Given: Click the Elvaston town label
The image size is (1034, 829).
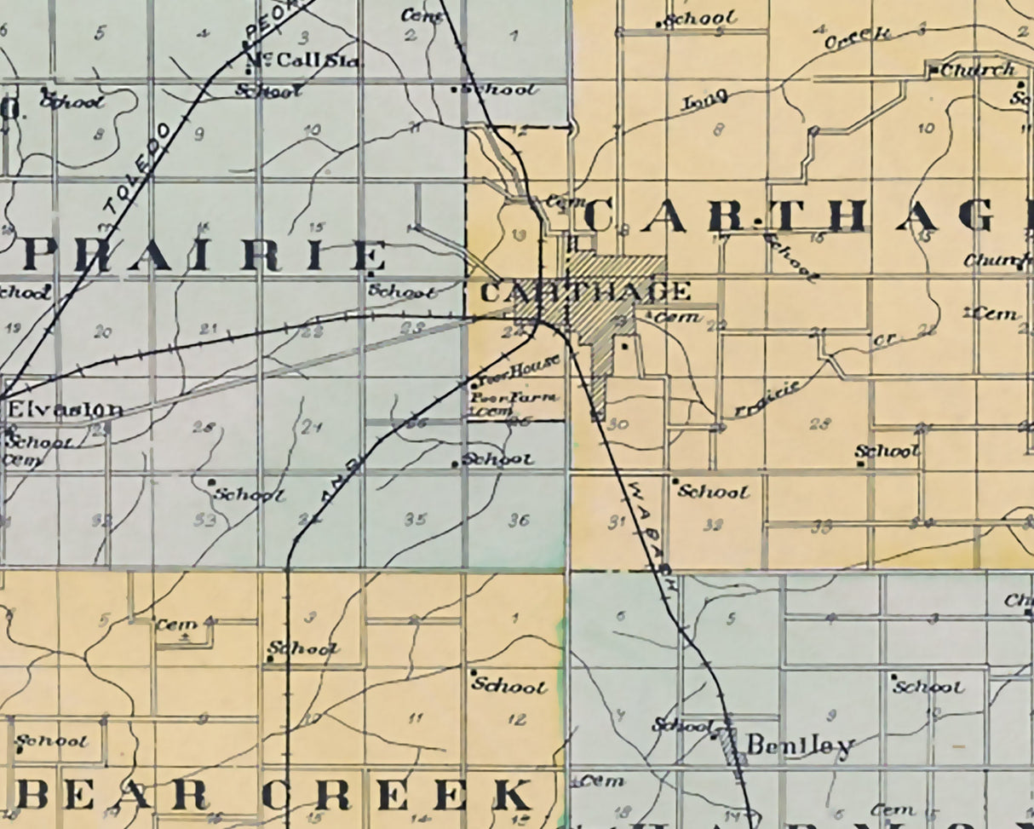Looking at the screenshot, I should pos(65,409).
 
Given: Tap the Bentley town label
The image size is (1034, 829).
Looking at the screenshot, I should pos(799,746).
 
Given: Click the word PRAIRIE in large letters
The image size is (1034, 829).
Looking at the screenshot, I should pos(203,256).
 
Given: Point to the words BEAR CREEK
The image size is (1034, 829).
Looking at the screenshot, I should pos(273,795).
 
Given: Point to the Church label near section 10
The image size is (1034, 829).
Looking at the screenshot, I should pos(977,70).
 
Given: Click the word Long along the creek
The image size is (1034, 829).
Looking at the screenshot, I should pos(705,101).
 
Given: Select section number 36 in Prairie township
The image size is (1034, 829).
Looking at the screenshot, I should pos(519,520).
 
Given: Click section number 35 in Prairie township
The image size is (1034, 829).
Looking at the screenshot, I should pos(415,519).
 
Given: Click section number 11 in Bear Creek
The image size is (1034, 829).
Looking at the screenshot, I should pos(415,718).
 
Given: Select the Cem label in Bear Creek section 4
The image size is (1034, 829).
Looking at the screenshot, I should pos(176,625).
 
